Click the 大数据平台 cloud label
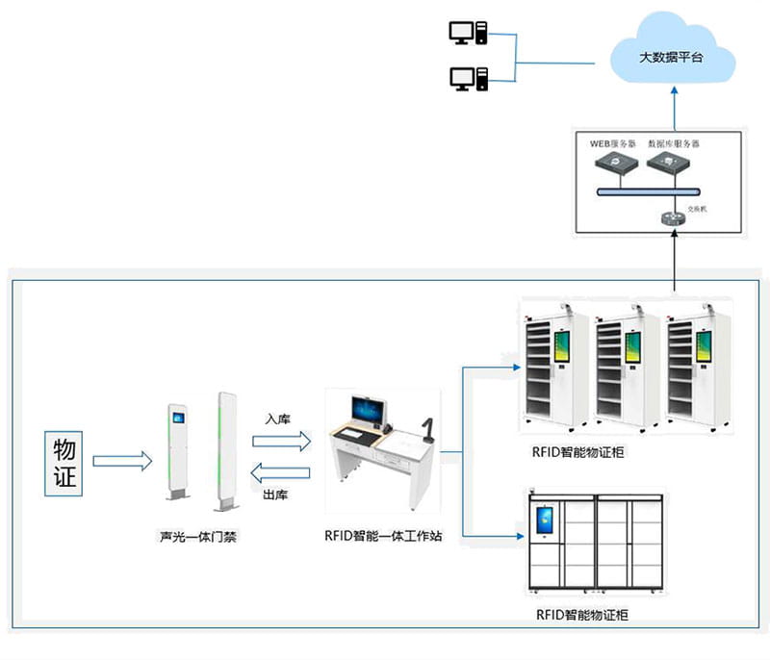[671, 58]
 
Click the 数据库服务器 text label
[674, 142]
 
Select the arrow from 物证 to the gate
[122, 462]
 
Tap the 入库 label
[278, 419]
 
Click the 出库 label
[278, 495]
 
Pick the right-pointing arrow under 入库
[281, 441]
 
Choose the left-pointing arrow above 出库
[281, 472]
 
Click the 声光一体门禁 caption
[198, 537]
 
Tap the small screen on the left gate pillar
[177, 417]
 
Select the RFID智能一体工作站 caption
[383, 537]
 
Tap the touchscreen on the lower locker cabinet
[545, 521]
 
